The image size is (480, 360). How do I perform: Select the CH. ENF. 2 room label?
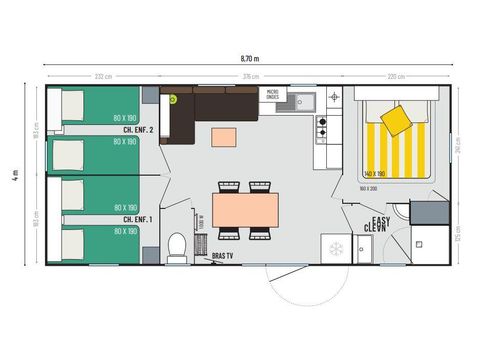coord(137,129)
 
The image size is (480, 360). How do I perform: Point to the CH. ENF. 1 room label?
coord(137,218)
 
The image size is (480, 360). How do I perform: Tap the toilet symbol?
coord(177,245)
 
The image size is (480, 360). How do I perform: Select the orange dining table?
coord(245,209)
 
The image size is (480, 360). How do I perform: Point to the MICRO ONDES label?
coord(271,95)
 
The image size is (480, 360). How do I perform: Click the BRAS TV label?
coord(223,257)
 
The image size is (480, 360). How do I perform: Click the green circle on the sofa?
coord(172,99)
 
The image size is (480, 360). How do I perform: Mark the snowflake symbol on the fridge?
coord(336,248)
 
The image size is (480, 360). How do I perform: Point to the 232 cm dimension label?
coord(102,77)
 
